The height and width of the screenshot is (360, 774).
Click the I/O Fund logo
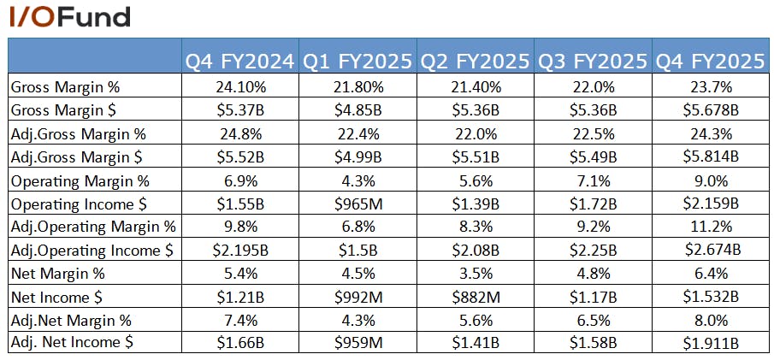[x=69, y=17]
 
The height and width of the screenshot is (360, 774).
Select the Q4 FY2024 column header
[x=240, y=62]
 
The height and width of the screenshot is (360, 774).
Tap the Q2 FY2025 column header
[x=476, y=62]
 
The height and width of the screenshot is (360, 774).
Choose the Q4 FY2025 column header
[x=711, y=62]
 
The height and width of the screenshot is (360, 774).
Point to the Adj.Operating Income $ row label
[x=92, y=251]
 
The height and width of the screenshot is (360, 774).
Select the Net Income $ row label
[x=56, y=298]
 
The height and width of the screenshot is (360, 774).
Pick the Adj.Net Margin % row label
[x=71, y=321]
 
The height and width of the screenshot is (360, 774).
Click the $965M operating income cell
[x=357, y=204]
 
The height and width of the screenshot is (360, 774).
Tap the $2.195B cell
[x=240, y=251]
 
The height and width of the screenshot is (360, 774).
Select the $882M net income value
[x=476, y=298]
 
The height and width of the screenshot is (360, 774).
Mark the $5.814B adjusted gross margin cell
[x=711, y=156]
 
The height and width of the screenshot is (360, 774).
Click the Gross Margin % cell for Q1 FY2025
[x=357, y=87]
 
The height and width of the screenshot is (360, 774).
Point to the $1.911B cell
[x=711, y=343]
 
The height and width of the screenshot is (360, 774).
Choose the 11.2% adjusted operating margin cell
[x=711, y=227]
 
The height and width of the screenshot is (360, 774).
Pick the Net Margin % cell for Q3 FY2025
[x=594, y=274]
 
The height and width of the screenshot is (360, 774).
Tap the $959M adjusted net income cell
[x=357, y=343]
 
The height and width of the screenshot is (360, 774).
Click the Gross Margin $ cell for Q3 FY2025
[x=594, y=109]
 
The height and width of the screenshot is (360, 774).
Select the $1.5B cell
[x=357, y=251]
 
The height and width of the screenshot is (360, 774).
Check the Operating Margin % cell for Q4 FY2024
[x=240, y=180]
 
